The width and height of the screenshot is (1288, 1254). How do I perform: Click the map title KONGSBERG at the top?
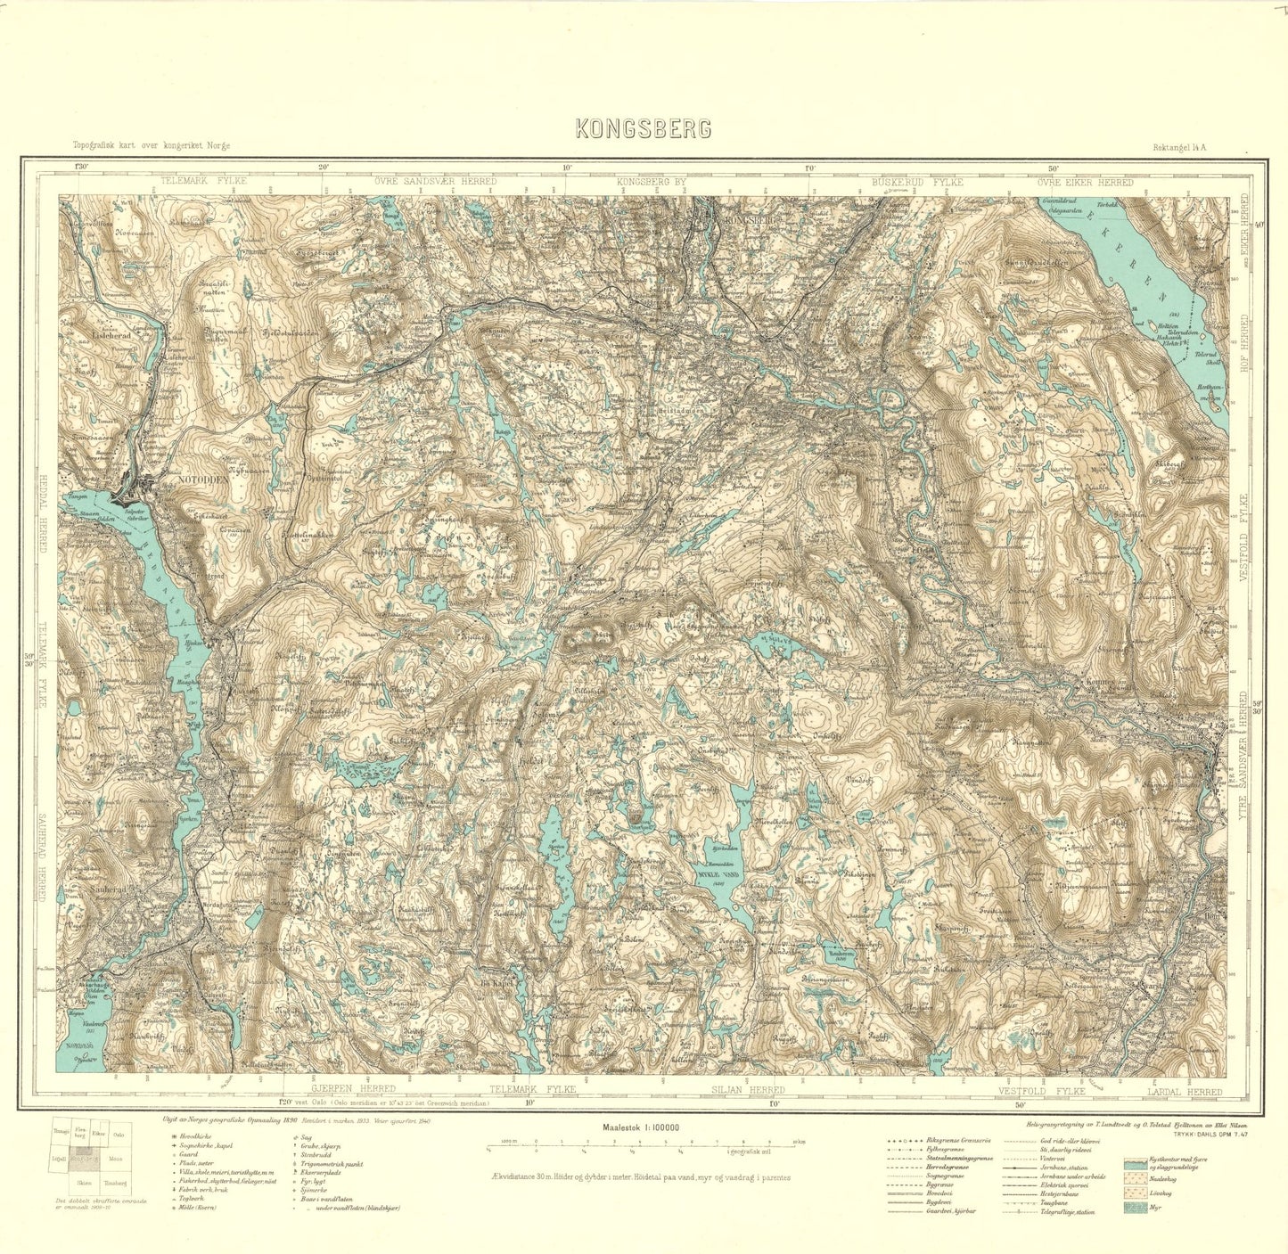coord(644,128)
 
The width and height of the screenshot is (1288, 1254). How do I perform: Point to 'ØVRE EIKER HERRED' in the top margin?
coord(1085,182)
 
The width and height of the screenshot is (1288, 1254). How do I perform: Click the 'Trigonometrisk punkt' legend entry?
coord(338,1166)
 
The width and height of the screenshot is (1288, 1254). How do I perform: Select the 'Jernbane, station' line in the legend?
coord(1052,1166)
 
